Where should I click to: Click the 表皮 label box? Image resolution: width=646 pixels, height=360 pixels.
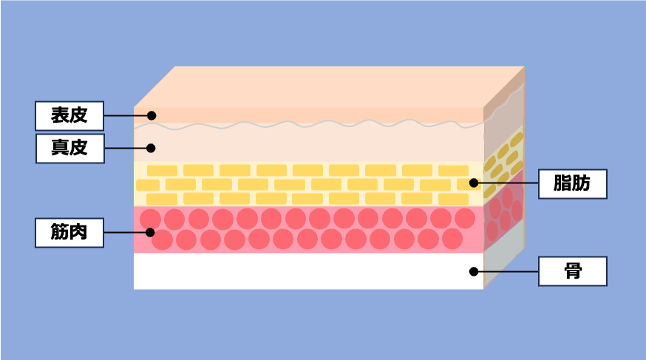click(69, 115)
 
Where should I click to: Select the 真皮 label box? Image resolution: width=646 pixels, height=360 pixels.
click(69, 148)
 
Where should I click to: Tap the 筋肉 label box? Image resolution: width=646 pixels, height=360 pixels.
click(69, 232)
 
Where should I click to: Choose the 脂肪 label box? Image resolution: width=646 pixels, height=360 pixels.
click(572, 183)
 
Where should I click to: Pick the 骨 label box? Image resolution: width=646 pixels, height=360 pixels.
click(572, 271)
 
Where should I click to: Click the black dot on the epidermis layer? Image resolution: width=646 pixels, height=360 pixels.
click(151, 115)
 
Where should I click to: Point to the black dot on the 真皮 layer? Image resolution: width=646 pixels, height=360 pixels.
click(151, 148)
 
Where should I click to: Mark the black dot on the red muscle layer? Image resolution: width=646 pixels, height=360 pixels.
click(151, 232)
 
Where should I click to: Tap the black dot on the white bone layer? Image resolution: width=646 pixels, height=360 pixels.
click(473, 271)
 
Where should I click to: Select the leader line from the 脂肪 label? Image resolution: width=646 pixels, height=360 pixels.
click(506, 183)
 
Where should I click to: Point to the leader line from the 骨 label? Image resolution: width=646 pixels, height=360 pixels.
click(506, 271)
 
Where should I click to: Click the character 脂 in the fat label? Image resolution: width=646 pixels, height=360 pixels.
click(562, 183)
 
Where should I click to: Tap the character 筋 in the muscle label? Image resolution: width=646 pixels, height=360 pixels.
click(60, 232)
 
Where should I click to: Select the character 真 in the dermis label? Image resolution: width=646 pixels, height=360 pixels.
click(60, 148)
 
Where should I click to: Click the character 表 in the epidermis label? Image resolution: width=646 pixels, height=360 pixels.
click(60, 115)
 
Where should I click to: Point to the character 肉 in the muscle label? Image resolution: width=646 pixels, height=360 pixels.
click(78, 232)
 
